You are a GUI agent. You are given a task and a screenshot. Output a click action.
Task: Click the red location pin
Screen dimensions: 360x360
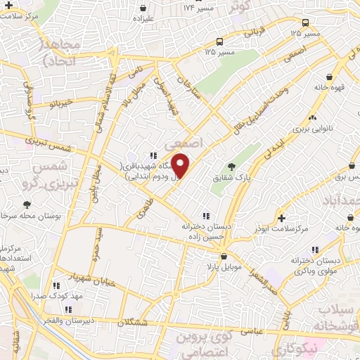click(x=181, y=165)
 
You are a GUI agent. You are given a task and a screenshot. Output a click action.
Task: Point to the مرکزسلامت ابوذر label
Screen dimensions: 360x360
click(x=284, y=230)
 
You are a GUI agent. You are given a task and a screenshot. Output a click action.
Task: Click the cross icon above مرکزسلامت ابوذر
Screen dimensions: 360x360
click(x=283, y=217)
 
